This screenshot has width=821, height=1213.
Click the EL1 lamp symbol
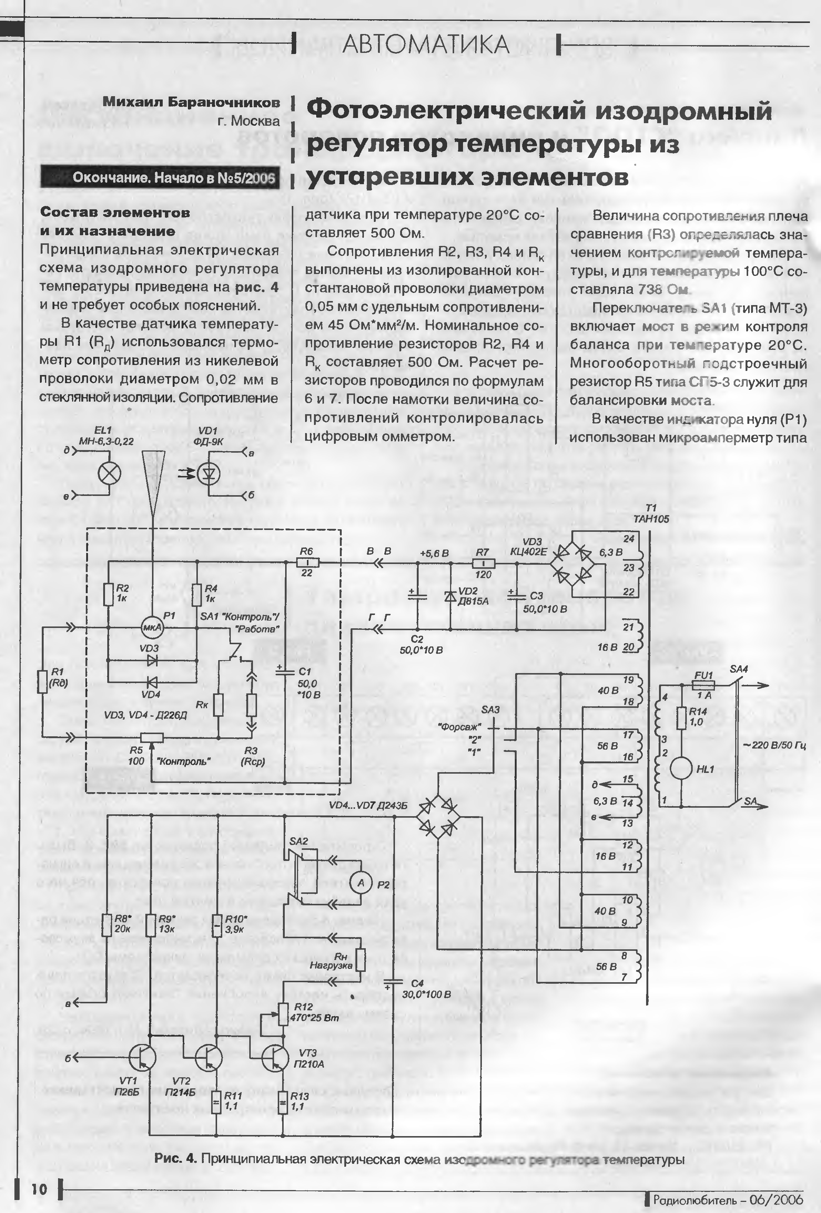[110, 474]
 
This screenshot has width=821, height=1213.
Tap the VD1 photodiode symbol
[209, 473]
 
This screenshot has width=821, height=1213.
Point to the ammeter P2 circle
[360, 883]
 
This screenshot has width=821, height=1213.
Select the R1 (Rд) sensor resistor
[43, 682]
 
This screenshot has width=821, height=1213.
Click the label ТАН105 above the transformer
[651, 519]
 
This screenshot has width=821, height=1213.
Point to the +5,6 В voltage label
[434, 553]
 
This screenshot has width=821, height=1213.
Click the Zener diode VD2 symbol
[450, 597]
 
